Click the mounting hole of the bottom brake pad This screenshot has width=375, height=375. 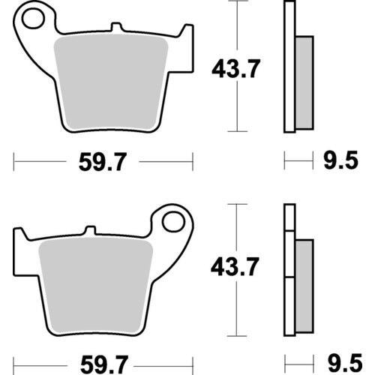[x=172, y=222]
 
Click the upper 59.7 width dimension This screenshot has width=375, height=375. [x=103, y=160]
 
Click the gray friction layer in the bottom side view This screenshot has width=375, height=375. [x=303, y=285]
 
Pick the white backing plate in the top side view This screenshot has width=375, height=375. [x=288, y=67]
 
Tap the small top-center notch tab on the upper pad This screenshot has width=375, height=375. [x=114, y=29]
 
